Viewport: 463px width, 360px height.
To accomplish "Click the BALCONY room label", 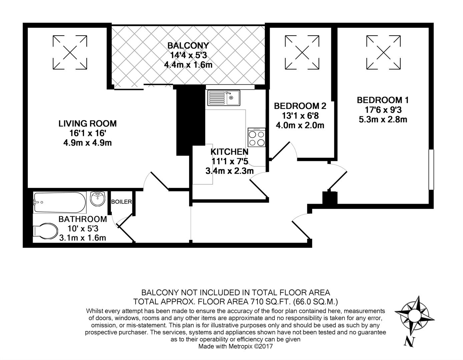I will point(188,45).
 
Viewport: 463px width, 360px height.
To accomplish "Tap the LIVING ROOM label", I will point(87,124).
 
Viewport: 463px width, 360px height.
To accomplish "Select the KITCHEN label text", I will point(229,152).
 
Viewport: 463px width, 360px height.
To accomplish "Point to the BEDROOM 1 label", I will point(383,100).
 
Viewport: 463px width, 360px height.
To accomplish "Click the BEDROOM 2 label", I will point(300,106).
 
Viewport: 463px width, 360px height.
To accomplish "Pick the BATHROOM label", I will point(83,219).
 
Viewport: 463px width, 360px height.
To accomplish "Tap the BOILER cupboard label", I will point(121,202).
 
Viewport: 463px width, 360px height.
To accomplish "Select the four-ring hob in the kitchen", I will point(257,137).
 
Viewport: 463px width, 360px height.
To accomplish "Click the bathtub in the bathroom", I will point(60,202).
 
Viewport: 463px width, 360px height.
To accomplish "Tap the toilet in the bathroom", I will point(45,231).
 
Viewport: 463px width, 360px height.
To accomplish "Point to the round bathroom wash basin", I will point(98,199).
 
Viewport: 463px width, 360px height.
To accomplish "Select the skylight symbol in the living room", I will point(70,52).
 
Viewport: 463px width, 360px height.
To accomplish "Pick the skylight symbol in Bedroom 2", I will point(302,52).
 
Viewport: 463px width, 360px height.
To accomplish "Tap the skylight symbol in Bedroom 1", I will point(383,52).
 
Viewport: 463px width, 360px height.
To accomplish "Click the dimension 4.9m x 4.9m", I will point(87,143).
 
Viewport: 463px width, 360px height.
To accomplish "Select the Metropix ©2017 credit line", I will point(236,346).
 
